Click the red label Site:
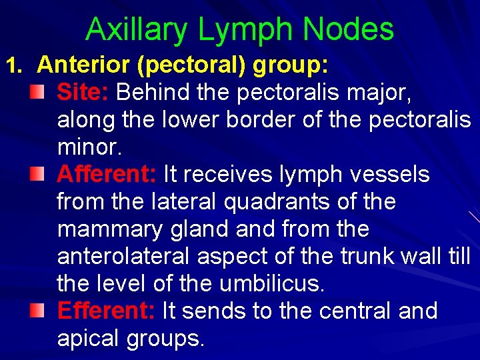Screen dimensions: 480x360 coord(83,92)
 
